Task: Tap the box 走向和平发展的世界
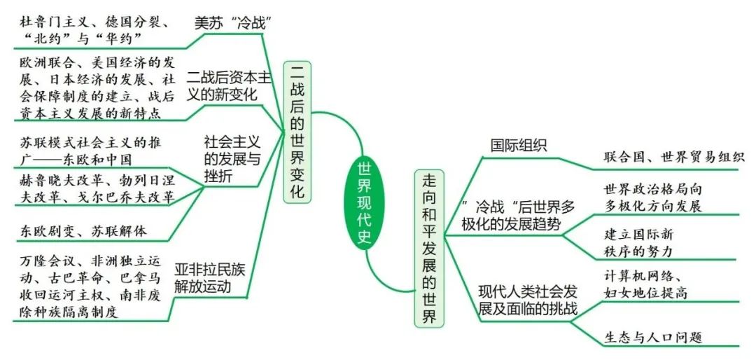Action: (x=428, y=248)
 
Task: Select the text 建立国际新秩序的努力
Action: (x=638, y=243)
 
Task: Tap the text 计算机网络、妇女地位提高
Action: (x=644, y=283)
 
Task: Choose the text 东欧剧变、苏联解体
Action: (x=83, y=230)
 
